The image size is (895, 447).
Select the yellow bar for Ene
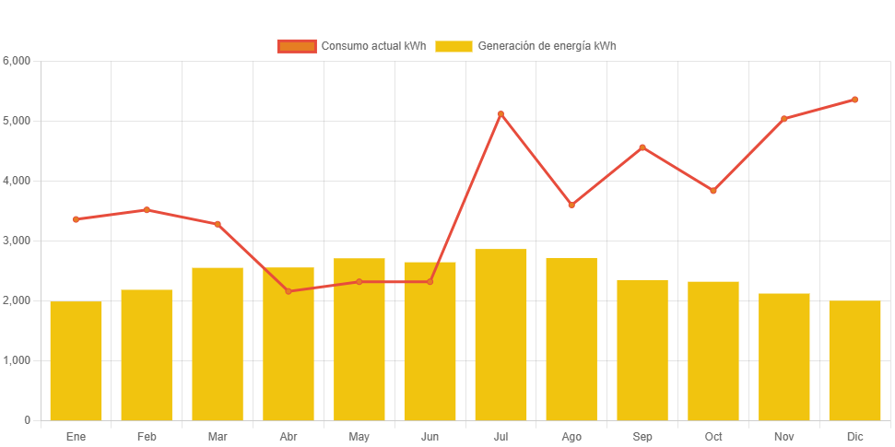[x=76, y=360]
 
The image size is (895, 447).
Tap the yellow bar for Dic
[x=854, y=360]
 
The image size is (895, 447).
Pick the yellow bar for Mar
[x=218, y=344]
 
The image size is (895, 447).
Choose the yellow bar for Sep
[x=642, y=349]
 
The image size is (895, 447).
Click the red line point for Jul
[x=500, y=114]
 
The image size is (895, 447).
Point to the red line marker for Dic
[x=854, y=100]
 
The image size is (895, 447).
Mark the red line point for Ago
[x=571, y=205]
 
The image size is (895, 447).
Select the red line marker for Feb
[x=147, y=210]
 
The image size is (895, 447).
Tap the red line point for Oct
[x=713, y=191]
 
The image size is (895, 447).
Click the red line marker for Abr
[x=289, y=291]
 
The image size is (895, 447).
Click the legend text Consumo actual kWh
[x=372, y=46]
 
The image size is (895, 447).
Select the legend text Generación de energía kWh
[x=547, y=46]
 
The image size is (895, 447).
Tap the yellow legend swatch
[x=453, y=46]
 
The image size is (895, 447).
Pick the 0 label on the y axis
[x=27, y=420]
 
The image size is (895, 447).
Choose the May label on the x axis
[x=359, y=436]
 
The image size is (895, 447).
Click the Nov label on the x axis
[x=784, y=436]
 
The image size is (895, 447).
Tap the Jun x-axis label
[x=430, y=436]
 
